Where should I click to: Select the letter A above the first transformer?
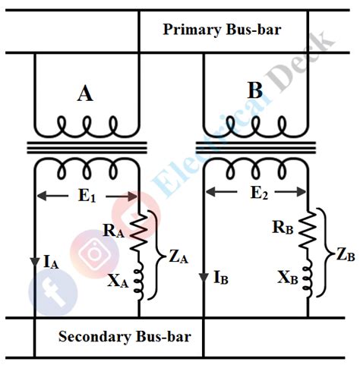click(x=86, y=93)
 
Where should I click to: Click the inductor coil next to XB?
click(x=309, y=280)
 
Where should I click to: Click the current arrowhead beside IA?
click(x=35, y=263)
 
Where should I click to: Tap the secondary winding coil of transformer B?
click(x=256, y=166)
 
